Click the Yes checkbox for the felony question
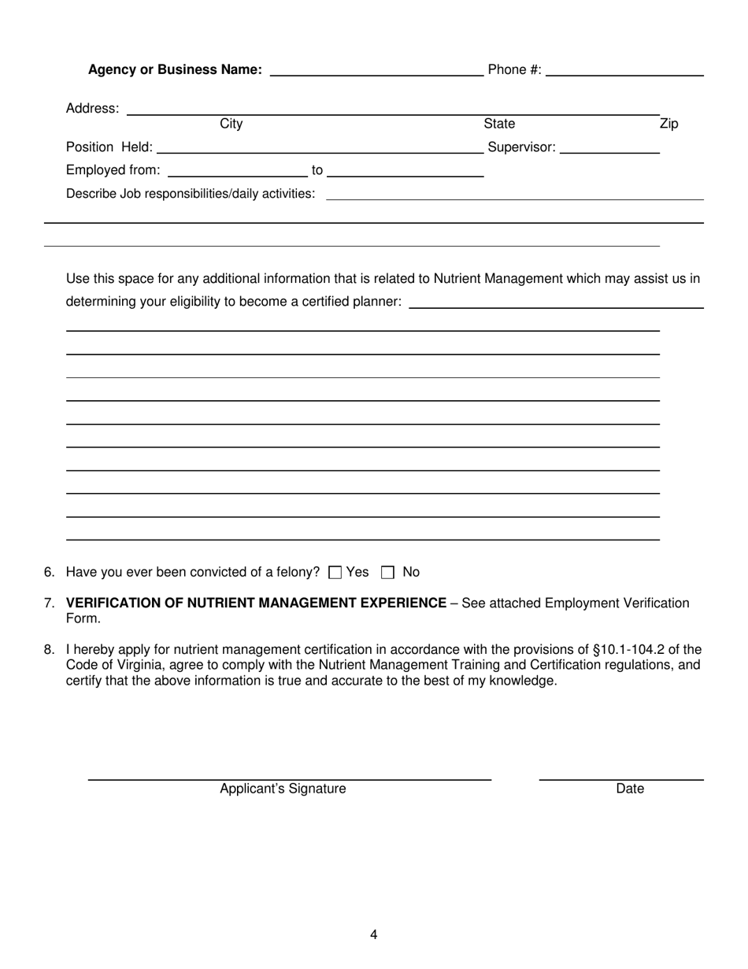[335, 573]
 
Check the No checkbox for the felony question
[387, 573]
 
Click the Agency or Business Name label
[175, 70]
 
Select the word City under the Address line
[231, 124]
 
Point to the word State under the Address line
[499, 124]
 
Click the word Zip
[668, 124]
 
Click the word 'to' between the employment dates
[317, 171]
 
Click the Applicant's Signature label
[283, 789]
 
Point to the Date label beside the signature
[630, 789]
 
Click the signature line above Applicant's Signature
[289, 779]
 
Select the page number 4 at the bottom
[374, 935]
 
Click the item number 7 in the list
[50, 603]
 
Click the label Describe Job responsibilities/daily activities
[191, 194]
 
